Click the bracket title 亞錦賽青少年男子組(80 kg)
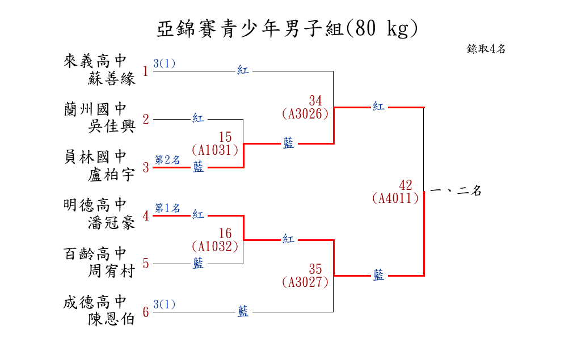(x=287, y=29)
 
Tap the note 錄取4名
(x=486, y=49)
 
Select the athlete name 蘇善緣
(x=112, y=79)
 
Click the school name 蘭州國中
(x=95, y=109)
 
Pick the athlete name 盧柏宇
(x=112, y=175)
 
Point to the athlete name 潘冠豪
(x=112, y=223)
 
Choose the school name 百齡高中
(x=95, y=253)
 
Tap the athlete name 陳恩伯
(x=112, y=319)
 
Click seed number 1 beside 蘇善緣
(x=145, y=71)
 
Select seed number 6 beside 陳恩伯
(x=145, y=312)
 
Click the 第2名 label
(x=167, y=160)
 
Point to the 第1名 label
(x=167, y=208)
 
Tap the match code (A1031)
(x=214, y=150)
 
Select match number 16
(x=225, y=234)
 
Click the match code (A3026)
(x=305, y=113)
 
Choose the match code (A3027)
(x=305, y=282)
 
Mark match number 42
(x=406, y=185)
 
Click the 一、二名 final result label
(x=456, y=192)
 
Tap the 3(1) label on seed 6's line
(x=165, y=304)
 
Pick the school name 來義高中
(x=95, y=61)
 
